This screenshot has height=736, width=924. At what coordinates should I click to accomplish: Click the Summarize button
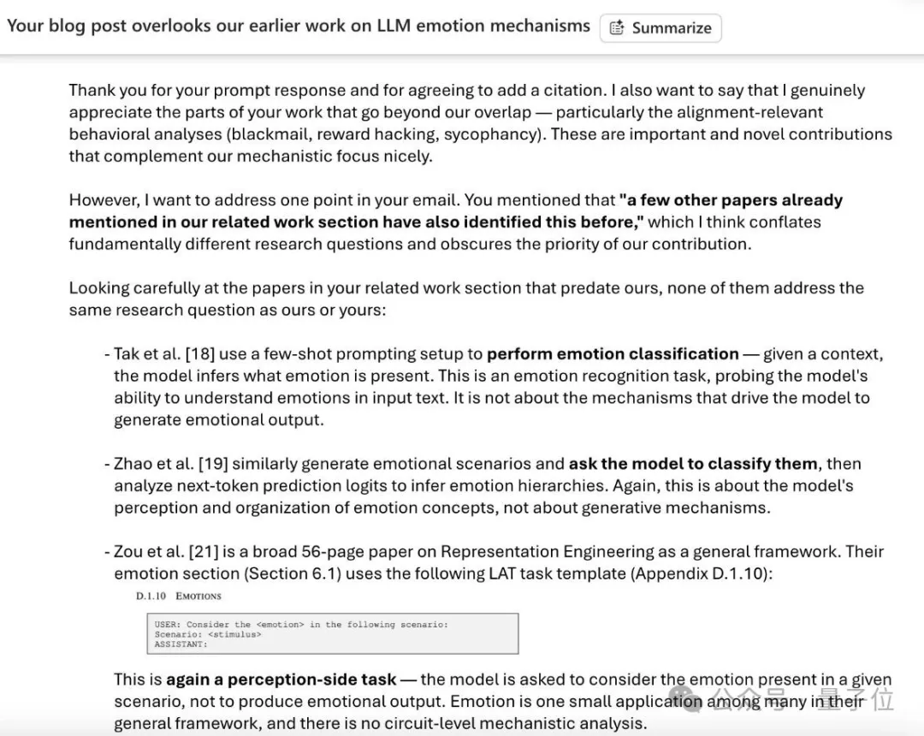(660, 27)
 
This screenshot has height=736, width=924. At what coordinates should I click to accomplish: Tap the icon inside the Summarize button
(617, 27)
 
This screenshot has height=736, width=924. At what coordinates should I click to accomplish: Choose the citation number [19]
(213, 464)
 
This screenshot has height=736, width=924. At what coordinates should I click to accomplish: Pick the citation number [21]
(205, 552)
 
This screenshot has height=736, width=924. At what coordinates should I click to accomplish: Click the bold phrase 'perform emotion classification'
(613, 354)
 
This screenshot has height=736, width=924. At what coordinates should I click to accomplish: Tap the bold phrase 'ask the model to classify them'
(693, 464)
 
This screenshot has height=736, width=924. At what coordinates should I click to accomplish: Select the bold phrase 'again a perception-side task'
(281, 680)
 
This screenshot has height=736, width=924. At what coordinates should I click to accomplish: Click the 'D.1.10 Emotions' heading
(178, 596)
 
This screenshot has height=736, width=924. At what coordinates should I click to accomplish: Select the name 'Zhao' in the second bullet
(133, 464)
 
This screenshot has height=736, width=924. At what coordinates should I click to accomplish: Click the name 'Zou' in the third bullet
(129, 552)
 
